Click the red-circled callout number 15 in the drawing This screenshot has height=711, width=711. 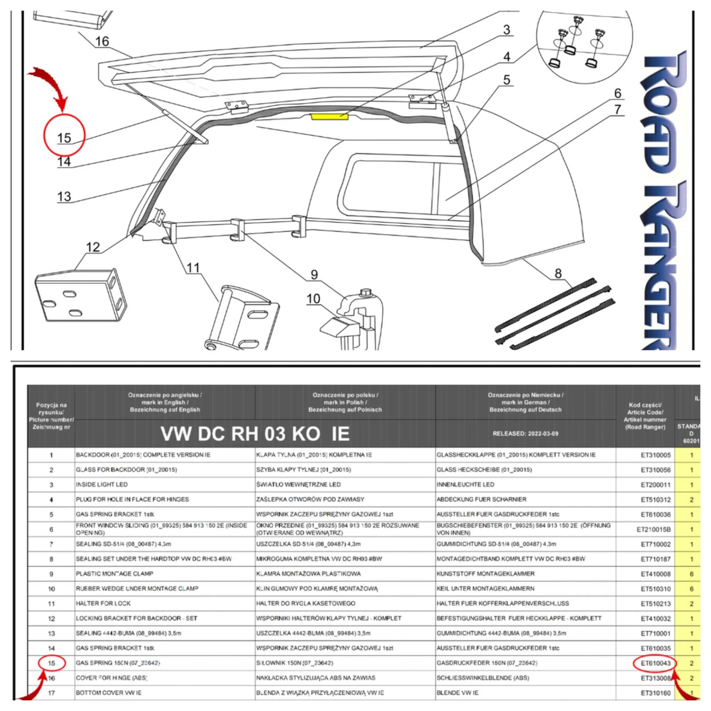64,137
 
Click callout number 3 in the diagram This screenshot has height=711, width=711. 507,30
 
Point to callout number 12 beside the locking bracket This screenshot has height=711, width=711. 93,247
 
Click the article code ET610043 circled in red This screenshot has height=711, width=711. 655,663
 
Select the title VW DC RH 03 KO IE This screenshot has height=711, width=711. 255,434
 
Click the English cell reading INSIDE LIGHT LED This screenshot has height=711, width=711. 102,484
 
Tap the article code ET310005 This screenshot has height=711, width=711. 655,455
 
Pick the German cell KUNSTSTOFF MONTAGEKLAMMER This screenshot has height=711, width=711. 485,574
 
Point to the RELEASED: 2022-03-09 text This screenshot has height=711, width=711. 525,434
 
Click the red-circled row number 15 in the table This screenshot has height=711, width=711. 51,663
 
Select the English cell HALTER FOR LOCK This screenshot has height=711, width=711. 103,603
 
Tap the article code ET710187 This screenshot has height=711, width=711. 655,559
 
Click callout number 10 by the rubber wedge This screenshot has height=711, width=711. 313,298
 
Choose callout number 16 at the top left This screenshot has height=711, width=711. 102,41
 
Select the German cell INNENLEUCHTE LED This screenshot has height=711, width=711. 465,484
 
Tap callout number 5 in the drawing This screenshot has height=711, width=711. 507,80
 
